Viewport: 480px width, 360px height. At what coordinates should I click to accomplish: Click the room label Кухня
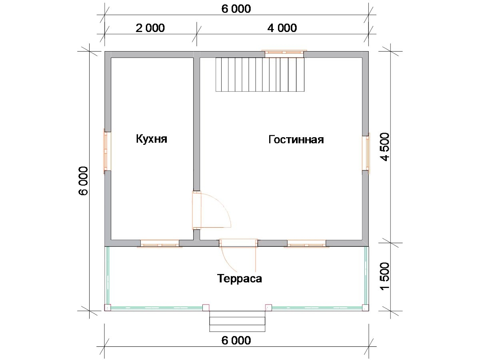152,139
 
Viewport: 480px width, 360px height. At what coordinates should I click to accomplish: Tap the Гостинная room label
296,140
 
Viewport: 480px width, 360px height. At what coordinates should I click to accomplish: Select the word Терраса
240,279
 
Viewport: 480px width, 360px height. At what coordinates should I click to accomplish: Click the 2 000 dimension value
150,28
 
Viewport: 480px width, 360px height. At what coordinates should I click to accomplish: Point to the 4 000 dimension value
282,28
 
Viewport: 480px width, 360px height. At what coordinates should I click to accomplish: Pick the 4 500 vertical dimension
385,147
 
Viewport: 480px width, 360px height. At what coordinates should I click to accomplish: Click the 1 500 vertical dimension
385,276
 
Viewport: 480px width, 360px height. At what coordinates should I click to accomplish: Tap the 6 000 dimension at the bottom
236,340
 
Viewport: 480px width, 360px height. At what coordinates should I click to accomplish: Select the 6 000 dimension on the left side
83,181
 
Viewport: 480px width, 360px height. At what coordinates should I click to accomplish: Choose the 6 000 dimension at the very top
236,9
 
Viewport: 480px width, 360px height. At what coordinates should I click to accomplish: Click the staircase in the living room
260,74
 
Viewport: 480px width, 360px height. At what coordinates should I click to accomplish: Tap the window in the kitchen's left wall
107,151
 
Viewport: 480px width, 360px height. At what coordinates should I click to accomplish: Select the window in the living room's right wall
366,153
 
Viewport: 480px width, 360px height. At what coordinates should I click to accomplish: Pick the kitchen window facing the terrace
160,244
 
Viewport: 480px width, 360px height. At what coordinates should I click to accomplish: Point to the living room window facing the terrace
306,244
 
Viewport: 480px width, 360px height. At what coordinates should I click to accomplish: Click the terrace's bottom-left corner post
108,308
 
